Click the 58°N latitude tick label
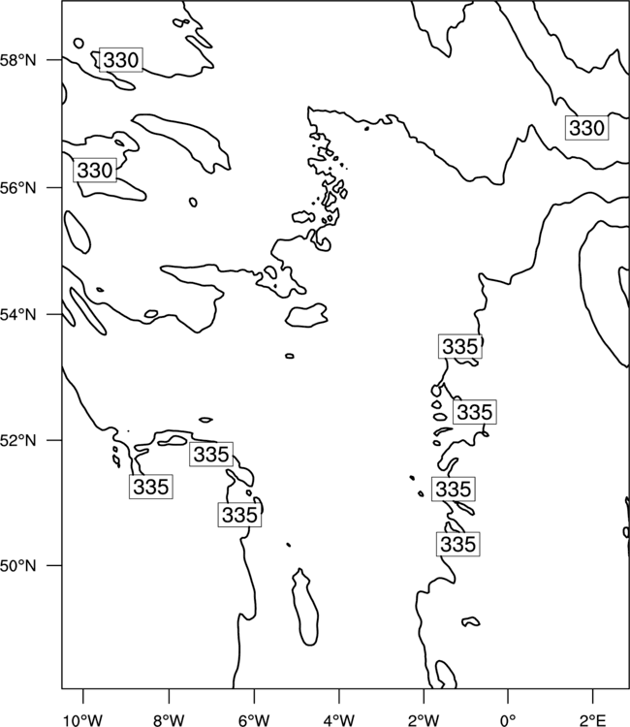point(17,60)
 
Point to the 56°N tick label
point(17,188)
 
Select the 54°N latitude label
point(17,315)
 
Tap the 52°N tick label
point(17,440)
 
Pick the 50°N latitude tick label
point(17,566)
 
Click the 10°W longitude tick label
point(83,720)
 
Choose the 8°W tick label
point(169,720)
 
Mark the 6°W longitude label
point(254,720)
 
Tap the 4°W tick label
point(339,720)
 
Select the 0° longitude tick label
point(508,720)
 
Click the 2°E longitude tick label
point(593,720)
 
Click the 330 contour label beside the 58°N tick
point(121,60)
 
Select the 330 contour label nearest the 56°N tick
point(95,171)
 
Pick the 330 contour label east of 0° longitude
point(587,128)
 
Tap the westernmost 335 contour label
point(150,487)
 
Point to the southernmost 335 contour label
point(458,544)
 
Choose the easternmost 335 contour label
point(474,412)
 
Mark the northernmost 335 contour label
point(459,346)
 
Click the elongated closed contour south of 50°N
point(305,607)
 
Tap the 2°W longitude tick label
point(424,720)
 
